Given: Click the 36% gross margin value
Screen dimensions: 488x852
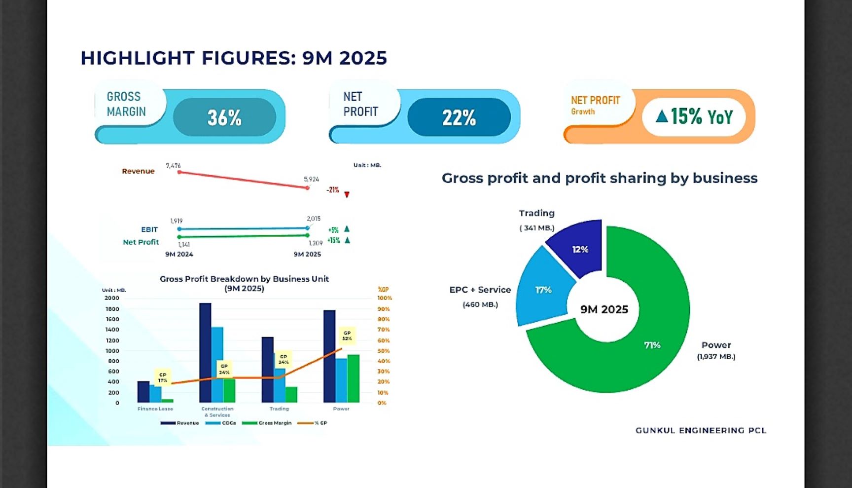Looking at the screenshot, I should click(x=224, y=117).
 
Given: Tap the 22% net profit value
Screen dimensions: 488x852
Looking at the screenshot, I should click(x=459, y=117).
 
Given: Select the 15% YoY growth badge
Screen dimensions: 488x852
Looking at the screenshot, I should click(x=694, y=116).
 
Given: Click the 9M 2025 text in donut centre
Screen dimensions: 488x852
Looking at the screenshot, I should click(x=604, y=309).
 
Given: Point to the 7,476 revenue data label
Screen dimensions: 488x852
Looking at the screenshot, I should click(x=173, y=166).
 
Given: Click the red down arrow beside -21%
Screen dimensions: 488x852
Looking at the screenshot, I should click(x=347, y=194).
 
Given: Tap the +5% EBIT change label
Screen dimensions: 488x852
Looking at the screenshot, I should click(x=333, y=230).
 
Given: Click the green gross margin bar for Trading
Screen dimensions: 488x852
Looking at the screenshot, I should click(x=291, y=394).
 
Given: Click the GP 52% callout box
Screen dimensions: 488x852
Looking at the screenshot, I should click(x=347, y=336).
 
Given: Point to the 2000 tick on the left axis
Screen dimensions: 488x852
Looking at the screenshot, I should click(x=111, y=298).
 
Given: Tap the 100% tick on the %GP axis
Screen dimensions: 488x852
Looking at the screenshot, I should click(x=385, y=298).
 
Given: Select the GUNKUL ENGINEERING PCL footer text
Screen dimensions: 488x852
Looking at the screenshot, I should click(x=701, y=430).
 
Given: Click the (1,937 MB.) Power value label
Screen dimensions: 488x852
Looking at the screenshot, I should click(x=716, y=357).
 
